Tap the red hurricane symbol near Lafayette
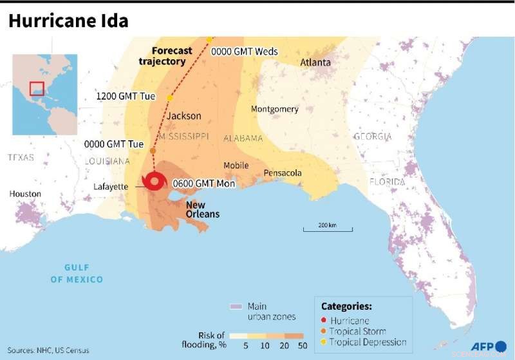(154, 182)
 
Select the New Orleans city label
(202, 209)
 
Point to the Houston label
(25, 194)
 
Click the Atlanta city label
(315, 62)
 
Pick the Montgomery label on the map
(274, 109)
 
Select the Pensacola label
(283, 173)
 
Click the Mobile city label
(236, 166)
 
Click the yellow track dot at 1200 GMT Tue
(170, 98)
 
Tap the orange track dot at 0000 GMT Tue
(153, 151)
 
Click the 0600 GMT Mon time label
(203, 184)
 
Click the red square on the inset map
(37, 88)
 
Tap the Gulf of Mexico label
(77, 273)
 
